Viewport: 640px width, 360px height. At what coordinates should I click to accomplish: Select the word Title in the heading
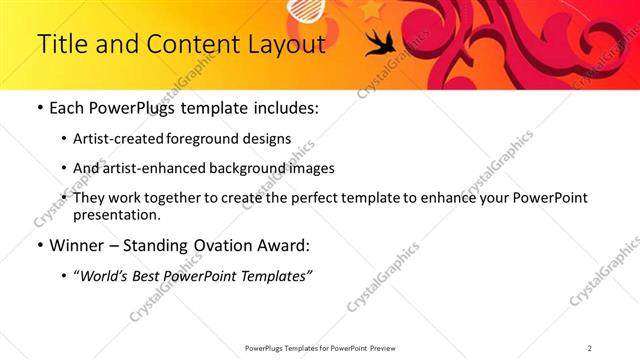point(60,45)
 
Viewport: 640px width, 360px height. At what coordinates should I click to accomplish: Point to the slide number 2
point(590,347)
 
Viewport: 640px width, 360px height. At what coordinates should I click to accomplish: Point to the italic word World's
point(107,275)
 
